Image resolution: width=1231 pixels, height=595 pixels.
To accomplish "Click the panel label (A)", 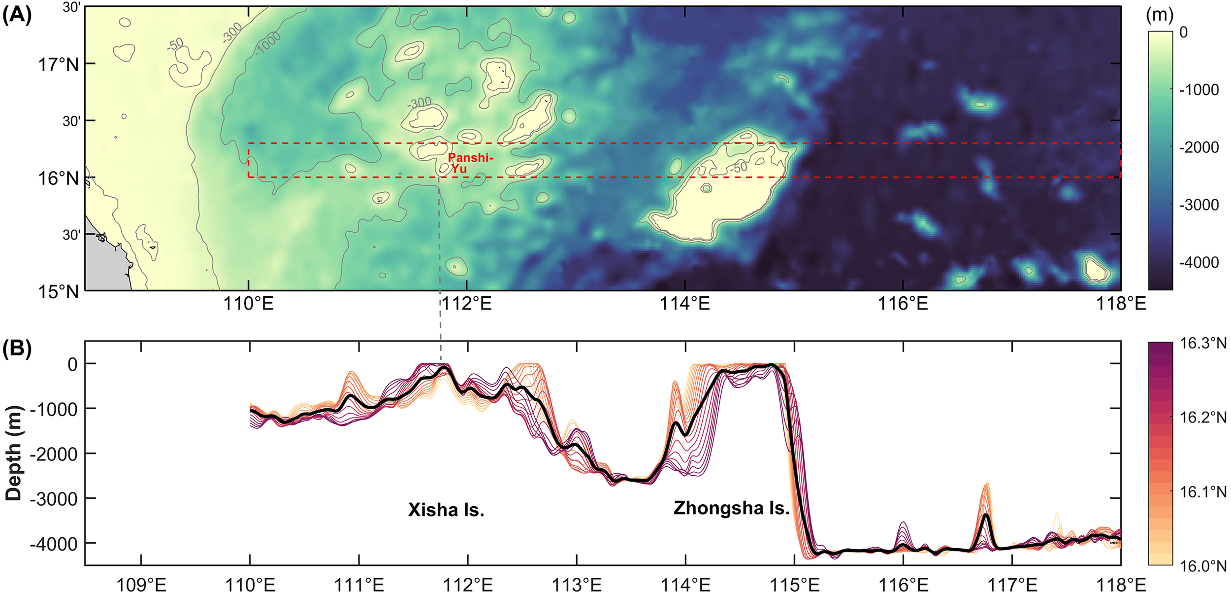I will click(x=17, y=16).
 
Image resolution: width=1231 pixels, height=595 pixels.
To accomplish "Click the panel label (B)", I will click(x=17, y=349).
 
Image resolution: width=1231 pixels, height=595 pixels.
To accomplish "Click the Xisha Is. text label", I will click(x=446, y=510).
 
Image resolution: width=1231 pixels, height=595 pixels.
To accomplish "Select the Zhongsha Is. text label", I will click(x=731, y=508).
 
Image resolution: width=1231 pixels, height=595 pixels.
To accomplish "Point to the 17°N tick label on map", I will click(x=58, y=65).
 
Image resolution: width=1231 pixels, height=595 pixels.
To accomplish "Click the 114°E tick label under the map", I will click(x=684, y=304).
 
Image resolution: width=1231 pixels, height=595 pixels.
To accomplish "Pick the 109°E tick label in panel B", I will click(x=141, y=585).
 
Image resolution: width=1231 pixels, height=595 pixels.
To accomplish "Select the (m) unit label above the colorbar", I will click(x=1160, y=15).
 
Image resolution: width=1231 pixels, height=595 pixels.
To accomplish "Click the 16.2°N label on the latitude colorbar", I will click(x=1203, y=418).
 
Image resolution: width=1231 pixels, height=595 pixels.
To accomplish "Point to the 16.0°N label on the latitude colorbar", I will click(x=1203, y=566).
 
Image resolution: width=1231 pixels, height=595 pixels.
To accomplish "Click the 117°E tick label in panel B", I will click(x=1012, y=585).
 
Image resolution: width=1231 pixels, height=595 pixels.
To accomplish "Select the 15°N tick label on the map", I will click(x=58, y=291).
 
